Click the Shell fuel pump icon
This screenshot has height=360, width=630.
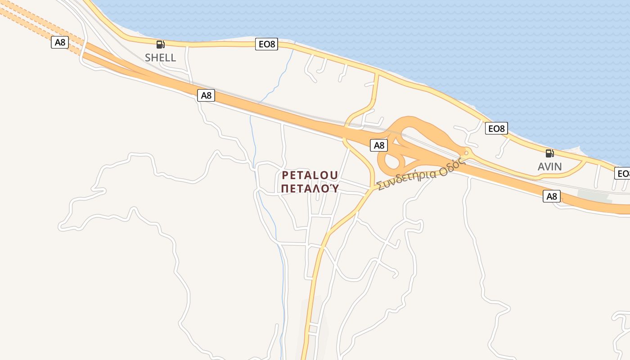160,44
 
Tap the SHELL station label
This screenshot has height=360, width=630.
160,58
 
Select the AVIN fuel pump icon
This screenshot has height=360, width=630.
549,153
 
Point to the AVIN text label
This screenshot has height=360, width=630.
549,166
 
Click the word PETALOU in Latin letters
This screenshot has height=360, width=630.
310,175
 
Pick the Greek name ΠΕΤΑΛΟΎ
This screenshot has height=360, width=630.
310,188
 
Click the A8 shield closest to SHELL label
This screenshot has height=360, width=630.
206,95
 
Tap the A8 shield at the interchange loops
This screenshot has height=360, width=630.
379,145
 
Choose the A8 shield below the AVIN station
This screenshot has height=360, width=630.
551,196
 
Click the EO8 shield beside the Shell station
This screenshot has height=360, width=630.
266,44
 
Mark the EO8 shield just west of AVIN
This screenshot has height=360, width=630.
497,128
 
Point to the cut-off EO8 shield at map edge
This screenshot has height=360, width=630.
623,173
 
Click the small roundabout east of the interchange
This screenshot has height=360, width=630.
466,153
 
